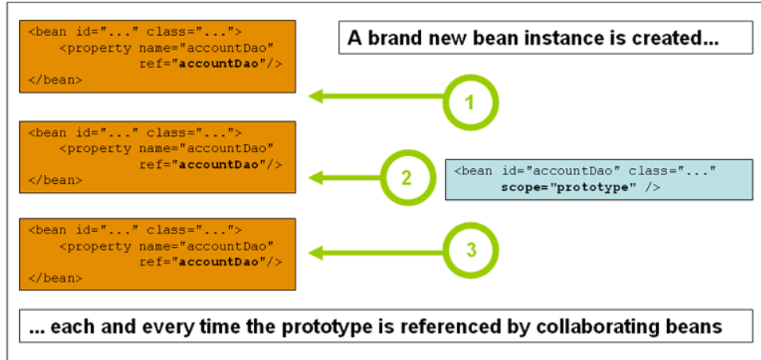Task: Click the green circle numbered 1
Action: pos(470,101)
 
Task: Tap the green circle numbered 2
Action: pos(406,177)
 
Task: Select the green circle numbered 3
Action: pos(471,250)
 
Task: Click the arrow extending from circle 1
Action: pos(374,97)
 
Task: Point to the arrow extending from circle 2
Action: pos(342,176)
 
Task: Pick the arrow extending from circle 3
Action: pos(374,252)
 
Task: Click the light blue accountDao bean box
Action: pos(598,179)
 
